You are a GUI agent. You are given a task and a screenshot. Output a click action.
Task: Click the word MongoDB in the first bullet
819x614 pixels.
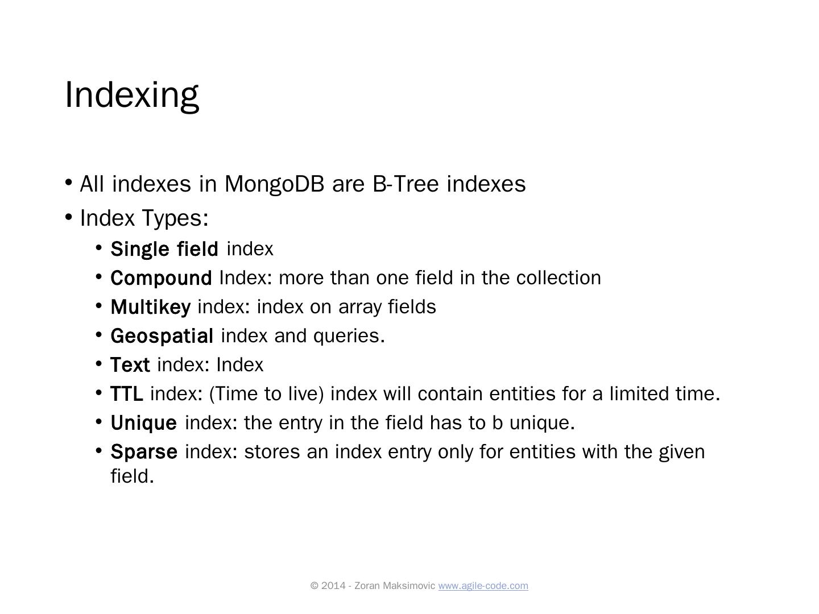[275, 184]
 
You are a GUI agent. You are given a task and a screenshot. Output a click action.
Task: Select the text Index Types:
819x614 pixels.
[144, 218]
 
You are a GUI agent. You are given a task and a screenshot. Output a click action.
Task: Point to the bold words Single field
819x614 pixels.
[164, 249]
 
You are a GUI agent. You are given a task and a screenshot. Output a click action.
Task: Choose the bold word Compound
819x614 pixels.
[161, 278]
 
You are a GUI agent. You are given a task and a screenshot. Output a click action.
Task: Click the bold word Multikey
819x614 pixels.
[150, 307]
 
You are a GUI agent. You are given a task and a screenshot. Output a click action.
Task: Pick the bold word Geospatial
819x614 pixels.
[162, 336]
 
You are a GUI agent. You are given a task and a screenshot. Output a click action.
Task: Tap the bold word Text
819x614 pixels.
[130, 365]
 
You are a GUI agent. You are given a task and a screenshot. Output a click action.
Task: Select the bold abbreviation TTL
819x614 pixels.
[127, 394]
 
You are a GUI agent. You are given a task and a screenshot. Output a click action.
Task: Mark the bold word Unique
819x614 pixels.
[143, 423]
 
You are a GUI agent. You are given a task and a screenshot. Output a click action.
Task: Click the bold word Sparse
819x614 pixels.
[144, 452]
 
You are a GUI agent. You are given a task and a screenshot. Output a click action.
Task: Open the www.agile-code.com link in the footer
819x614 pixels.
[483, 586]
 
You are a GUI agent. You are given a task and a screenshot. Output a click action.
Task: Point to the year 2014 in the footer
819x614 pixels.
[333, 586]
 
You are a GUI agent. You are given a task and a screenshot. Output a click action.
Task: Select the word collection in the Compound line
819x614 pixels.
[559, 278]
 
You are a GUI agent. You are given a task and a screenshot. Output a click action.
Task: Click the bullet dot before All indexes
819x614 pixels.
[69, 182]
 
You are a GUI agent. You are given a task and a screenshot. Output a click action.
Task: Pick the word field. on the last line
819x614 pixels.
[132, 476]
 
